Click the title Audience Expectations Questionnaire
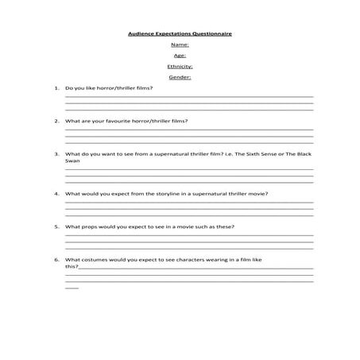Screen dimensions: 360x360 coord(180,34)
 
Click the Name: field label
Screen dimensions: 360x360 coord(180,45)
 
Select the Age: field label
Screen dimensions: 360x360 coord(180,56)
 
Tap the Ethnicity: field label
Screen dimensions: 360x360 coord(180,67)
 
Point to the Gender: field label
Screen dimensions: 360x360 coord(180,77)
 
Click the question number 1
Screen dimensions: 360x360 coord(56,88)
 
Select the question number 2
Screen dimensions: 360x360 coord(56,121)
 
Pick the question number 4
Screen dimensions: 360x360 coord(56,193)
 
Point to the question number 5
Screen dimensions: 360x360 coord(56,226)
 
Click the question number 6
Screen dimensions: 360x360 coord(56,260)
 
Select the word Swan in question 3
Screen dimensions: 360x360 coord(72,161)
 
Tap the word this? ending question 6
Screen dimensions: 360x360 coord(72,267)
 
